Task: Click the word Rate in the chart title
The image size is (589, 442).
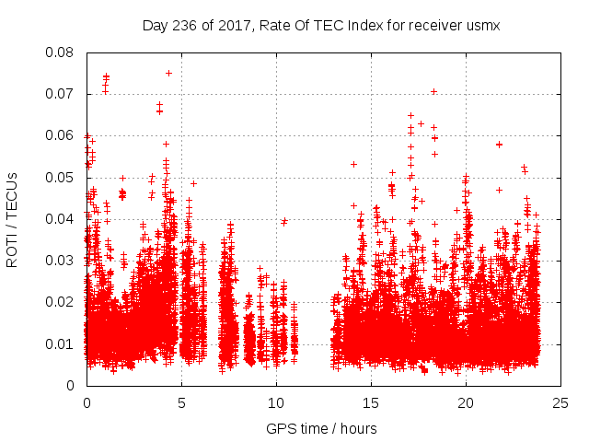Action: (x=282, y=26)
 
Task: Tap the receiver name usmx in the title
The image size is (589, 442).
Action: (x=481, y=26)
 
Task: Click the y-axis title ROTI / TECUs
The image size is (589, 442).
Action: (x=13, y=219)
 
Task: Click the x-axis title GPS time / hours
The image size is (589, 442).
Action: (x=320, y=428)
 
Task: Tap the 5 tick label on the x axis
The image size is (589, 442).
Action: (x=181, y=402)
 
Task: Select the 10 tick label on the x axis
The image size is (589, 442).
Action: (x=276, y=402)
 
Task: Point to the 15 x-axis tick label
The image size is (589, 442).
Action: (x=371, y=402)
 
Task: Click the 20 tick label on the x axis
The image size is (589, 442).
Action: (x=466, y=402)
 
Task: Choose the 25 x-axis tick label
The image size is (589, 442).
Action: (x=560, y=402)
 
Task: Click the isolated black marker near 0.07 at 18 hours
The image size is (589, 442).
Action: (x=433, y=91)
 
